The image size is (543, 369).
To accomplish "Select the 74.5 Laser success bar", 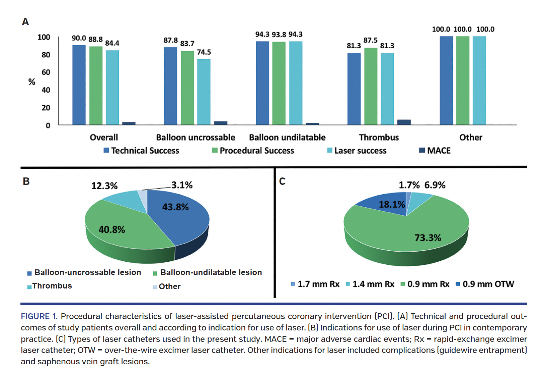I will click(x=204, y=92).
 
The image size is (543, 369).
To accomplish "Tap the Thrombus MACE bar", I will click(x=404, y=122).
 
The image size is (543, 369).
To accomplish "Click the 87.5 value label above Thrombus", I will click(x=370, y=40).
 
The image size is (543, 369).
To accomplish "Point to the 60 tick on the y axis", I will click(x=46, y=72).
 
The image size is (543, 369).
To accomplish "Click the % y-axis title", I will click(x=32, y=82).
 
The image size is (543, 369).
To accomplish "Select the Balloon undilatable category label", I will click(x=287, y=138).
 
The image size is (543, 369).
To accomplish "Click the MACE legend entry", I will click(x=435, y=151).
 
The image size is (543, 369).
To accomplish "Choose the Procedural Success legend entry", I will click(x=253, y=151).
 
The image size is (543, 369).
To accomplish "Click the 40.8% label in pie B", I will click(x=112, y=230).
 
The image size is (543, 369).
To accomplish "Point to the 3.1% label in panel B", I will click(x=182, y=185).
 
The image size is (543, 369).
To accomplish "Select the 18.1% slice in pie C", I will click(x=385, y=203).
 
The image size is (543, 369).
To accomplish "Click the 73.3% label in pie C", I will click(x=428, y=238).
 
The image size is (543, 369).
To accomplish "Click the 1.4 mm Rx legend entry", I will click(x=370, y=284).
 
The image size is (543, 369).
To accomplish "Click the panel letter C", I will click(x=282, y=181).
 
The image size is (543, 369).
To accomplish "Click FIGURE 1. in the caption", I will click(x=39, y=316).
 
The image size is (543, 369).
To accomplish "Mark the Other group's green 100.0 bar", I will click(x=463, y=81).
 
